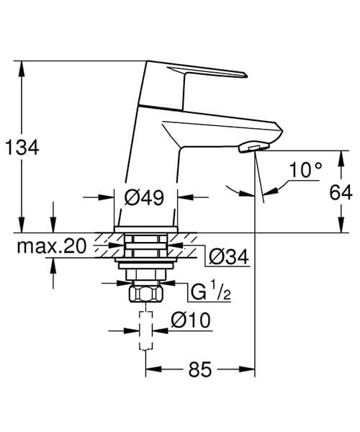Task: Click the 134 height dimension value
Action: click(x=22, y=147)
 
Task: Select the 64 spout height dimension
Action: click(x=341, y=192)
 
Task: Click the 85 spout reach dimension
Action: click(x=202, y=370)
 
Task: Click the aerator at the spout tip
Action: click(x=248, y=147)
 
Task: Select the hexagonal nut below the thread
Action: click(x=146, y=295)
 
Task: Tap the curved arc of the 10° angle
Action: click(x=238, y=190)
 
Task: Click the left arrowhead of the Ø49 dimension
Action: click(x=110, y=197)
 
